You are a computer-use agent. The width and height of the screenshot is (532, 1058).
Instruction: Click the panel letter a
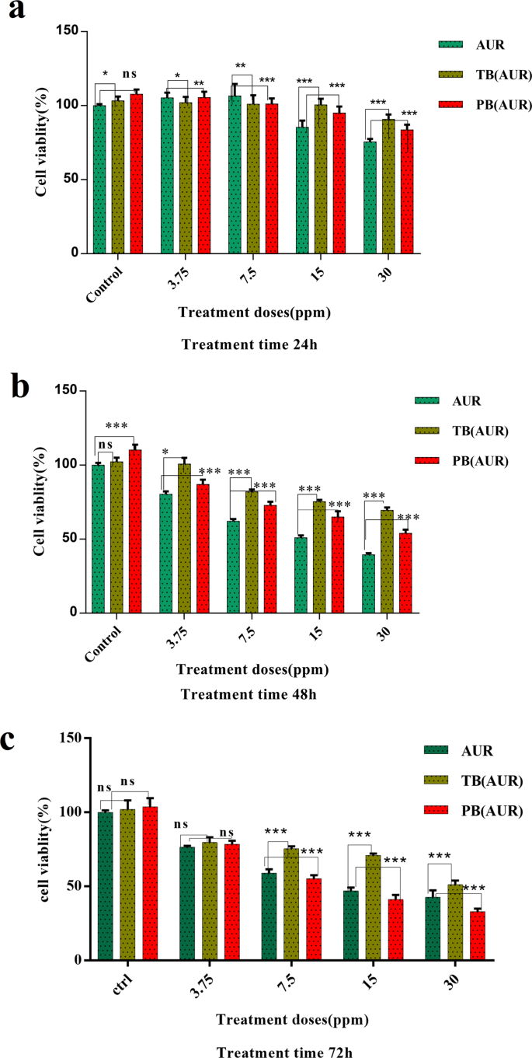pos(16,13)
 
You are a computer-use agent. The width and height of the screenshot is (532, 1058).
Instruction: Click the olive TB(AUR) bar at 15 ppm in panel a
pos(321,179)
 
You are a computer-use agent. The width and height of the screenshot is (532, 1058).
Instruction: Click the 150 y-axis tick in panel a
pos(69,31)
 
